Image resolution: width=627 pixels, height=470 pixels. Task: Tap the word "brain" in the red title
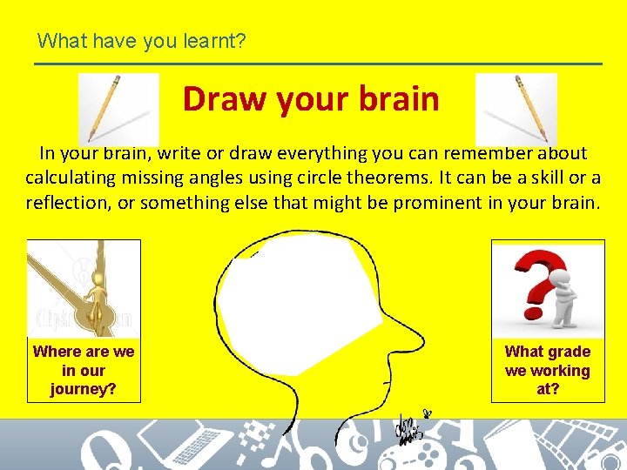(x=400, y=99)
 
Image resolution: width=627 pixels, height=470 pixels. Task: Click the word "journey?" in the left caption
(x=84, y=389)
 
